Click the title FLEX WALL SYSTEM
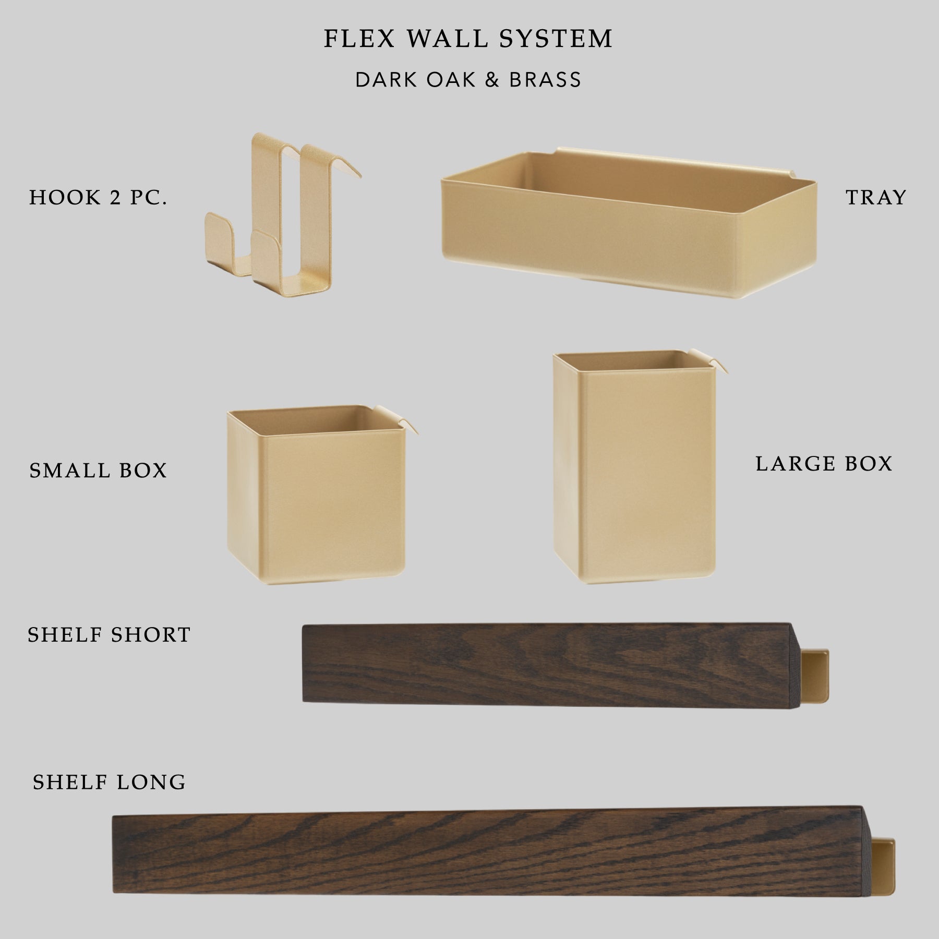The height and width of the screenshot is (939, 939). (x=468, y=39)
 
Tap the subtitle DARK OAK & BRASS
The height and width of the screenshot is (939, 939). (x=468, y=80)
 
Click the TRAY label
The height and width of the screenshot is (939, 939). (x=876, y=197)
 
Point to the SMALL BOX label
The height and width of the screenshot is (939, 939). (x=98, y=471)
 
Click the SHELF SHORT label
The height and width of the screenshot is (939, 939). (x=109, y=635)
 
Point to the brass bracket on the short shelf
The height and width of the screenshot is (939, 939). (x=815, y=676)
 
